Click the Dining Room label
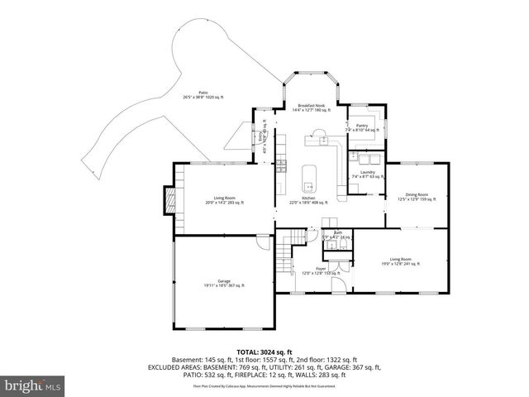417,196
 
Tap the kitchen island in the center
310,175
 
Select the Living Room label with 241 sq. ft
400,261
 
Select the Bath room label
337,235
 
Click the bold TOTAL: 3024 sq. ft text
264,352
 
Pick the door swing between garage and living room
264,242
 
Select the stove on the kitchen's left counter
281,166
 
